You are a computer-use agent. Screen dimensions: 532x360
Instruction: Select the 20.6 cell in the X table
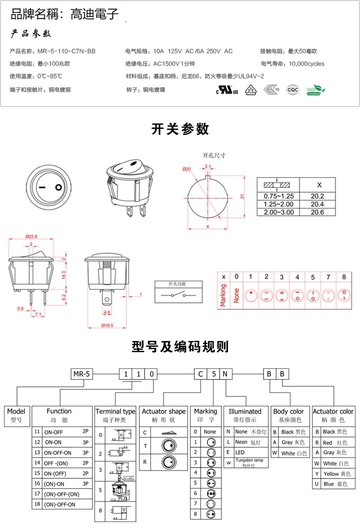317,212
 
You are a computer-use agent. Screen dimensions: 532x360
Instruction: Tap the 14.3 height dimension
64,275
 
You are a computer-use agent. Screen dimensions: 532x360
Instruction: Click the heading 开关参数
180,129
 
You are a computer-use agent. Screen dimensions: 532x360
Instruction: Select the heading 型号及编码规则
180,346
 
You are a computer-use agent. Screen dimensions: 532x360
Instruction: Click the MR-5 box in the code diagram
82,374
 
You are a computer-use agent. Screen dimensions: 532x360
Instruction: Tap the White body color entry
289,453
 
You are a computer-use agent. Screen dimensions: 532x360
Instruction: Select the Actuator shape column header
163,411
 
